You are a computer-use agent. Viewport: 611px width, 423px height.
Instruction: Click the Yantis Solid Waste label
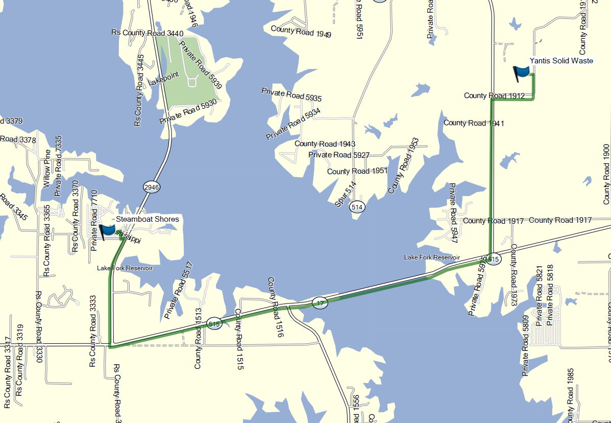(x=561, y=61)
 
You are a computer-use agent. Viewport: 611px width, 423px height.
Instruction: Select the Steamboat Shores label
(x=148, y=219)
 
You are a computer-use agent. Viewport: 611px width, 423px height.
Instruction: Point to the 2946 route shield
(x=152, y=187)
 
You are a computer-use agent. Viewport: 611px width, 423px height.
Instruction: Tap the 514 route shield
(x=357, y=207)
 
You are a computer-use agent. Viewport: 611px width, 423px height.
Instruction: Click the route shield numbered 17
(x=320, y=303)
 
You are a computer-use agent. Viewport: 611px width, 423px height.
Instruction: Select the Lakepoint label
(x=163, y=79)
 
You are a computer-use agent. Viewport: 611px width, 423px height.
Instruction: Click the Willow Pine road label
(x=47, y=169)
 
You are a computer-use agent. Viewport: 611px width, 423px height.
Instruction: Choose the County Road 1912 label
(x=494, y=96)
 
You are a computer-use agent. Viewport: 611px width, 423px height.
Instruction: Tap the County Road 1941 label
(x=474, y=123)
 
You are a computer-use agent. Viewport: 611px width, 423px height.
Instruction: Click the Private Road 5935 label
(x=291, y=95)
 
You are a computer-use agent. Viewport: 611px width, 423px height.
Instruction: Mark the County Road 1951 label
(x=357, y=171)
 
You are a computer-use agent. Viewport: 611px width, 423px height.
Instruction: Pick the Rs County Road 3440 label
(x=147, y=33)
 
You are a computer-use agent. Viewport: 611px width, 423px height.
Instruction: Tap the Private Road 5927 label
(x=338, y=155)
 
